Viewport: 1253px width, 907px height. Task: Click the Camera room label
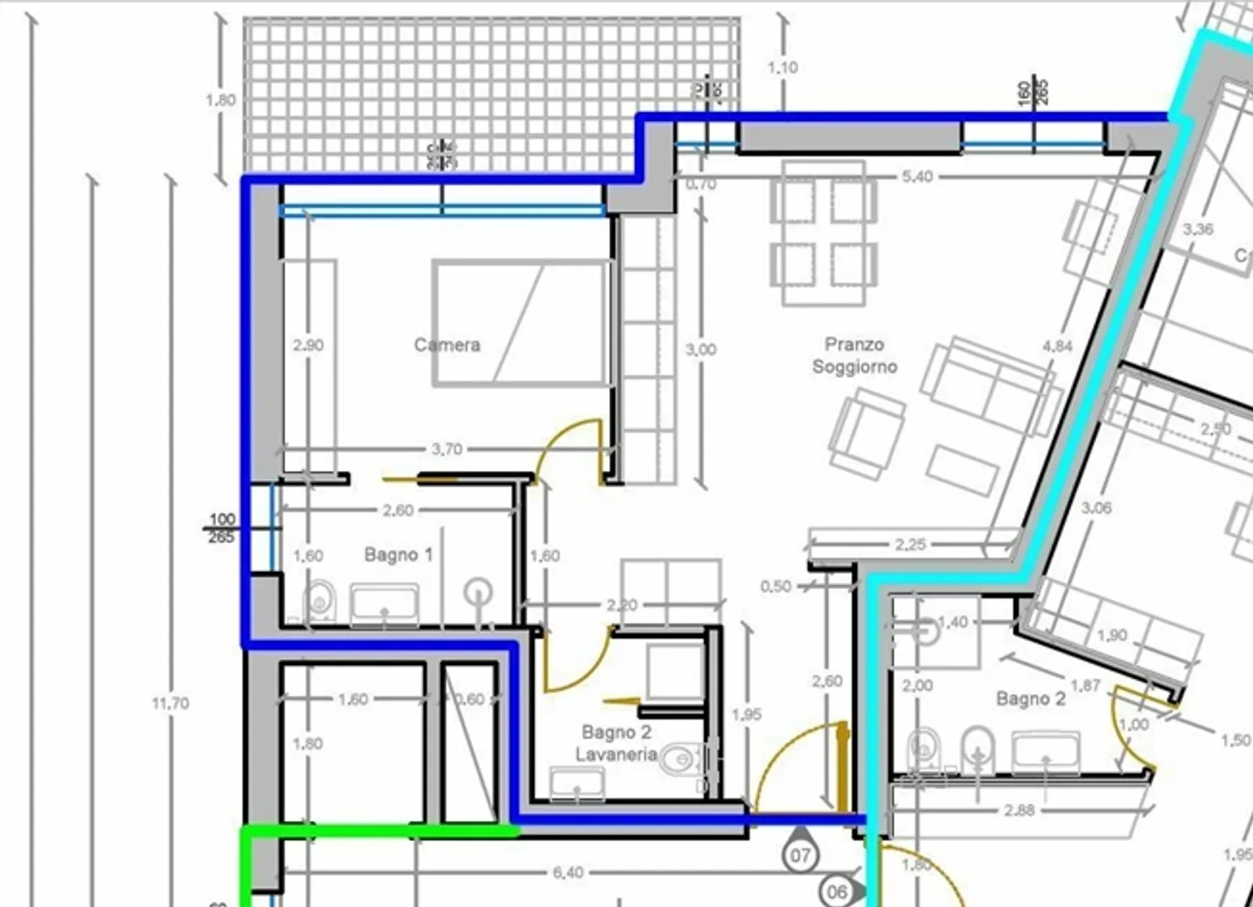point(446,345)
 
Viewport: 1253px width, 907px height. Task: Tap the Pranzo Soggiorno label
point(854,356)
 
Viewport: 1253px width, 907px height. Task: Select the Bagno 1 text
point(398,554)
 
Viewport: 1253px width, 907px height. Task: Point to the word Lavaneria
point(616,755)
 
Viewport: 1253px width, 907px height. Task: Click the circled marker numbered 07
point(801,856)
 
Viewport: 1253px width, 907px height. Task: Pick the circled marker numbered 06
point(836,891)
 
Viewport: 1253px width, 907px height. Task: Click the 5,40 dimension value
point(917,177)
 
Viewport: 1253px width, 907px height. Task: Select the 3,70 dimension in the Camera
point(446,449)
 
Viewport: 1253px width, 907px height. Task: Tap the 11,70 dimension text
point(170,702)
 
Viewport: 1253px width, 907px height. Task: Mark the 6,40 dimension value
point(567,872)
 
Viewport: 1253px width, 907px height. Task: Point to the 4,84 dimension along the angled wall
point(1057,346)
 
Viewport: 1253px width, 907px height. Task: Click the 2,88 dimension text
point(1019,810)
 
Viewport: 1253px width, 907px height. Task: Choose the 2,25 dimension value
point(910,545)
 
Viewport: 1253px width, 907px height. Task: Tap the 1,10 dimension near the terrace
point(782,67)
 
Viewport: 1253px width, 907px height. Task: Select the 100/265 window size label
point(222,528)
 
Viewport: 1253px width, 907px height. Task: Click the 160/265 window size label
point(1034,91)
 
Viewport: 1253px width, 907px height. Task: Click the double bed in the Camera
point(519,322)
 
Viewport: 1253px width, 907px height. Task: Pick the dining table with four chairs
point(823,233)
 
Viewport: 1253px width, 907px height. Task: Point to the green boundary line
point(374,832)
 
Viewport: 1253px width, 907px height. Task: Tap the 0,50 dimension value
point(775,587)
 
